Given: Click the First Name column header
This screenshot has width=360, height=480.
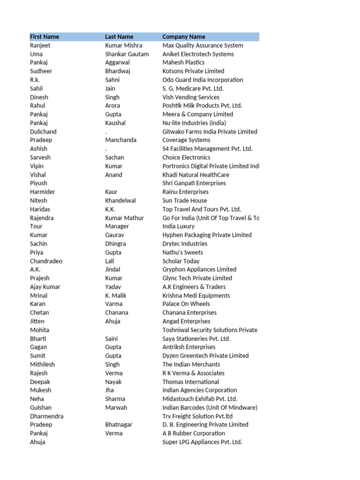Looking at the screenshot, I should tap(45, 37).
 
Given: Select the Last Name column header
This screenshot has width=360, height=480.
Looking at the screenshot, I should tap(119, 37).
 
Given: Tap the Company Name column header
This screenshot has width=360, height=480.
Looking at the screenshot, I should tap(184, 37).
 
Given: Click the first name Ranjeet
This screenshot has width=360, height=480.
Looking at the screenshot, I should tap(40, 45).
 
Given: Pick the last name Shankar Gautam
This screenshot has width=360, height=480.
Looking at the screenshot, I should tap(127, 54).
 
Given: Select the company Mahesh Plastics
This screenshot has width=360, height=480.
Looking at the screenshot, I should tap(183, 62).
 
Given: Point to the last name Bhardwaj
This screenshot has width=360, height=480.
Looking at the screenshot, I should tap(118, 71).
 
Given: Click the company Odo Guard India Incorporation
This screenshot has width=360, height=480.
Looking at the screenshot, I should tap(203, 80).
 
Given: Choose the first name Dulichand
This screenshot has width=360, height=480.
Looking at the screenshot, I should tap(43, 132).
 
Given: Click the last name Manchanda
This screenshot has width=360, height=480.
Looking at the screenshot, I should tap(121, 140).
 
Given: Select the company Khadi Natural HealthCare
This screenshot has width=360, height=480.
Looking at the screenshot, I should tap(196, 175).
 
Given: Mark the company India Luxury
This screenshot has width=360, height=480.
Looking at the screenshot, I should tap(179, 226).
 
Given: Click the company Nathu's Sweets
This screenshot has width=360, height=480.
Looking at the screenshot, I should tap(183, 252).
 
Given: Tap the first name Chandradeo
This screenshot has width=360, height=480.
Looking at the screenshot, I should tap(46, 261).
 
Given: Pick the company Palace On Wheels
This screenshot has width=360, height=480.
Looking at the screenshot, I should tap(186, 304).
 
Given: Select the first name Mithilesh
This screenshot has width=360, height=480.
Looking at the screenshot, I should tap(42, 364).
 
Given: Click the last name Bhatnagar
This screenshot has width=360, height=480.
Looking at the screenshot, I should tap(119, 425).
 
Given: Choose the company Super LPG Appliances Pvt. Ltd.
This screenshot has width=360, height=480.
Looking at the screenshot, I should tap(202, 442).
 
